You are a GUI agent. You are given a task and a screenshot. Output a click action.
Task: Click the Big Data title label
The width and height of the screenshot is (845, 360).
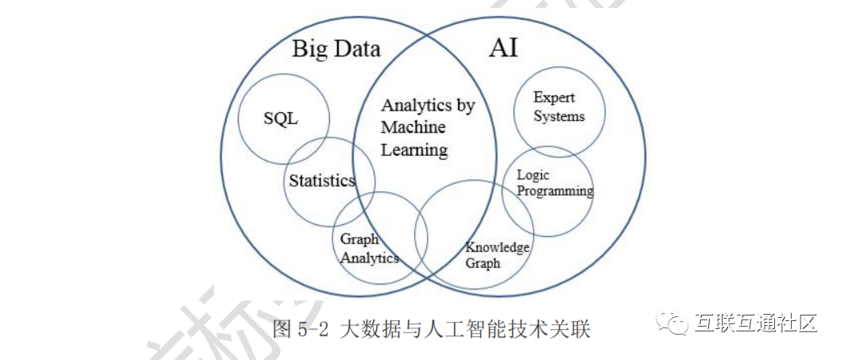336,49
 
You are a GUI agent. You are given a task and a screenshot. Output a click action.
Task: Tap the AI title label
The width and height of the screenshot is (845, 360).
503,48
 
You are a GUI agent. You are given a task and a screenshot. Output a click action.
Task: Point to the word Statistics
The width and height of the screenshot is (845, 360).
321,180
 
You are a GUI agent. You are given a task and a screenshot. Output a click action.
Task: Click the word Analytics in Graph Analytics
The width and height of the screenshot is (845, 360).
369,257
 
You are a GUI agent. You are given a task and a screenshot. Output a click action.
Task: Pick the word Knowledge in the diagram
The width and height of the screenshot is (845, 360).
497,247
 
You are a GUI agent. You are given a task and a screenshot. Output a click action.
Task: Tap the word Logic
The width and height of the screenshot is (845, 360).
533,175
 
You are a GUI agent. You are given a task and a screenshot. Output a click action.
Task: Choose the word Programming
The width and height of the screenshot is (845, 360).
554,191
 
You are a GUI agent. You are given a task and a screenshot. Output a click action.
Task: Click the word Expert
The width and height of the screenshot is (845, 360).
554,98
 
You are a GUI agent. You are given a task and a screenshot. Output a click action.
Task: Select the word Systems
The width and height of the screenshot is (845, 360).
558,116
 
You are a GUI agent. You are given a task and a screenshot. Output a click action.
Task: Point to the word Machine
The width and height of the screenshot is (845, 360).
413,127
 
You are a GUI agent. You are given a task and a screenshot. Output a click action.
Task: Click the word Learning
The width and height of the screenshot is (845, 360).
414,149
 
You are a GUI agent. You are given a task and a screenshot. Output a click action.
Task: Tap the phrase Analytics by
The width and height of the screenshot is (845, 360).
427,106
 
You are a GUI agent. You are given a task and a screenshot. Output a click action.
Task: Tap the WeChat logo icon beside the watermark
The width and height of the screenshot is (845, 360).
673,323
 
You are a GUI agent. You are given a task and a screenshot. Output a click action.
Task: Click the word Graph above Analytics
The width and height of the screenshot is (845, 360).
359,240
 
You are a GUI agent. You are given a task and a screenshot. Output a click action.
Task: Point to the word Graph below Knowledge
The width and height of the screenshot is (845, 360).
483,263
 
